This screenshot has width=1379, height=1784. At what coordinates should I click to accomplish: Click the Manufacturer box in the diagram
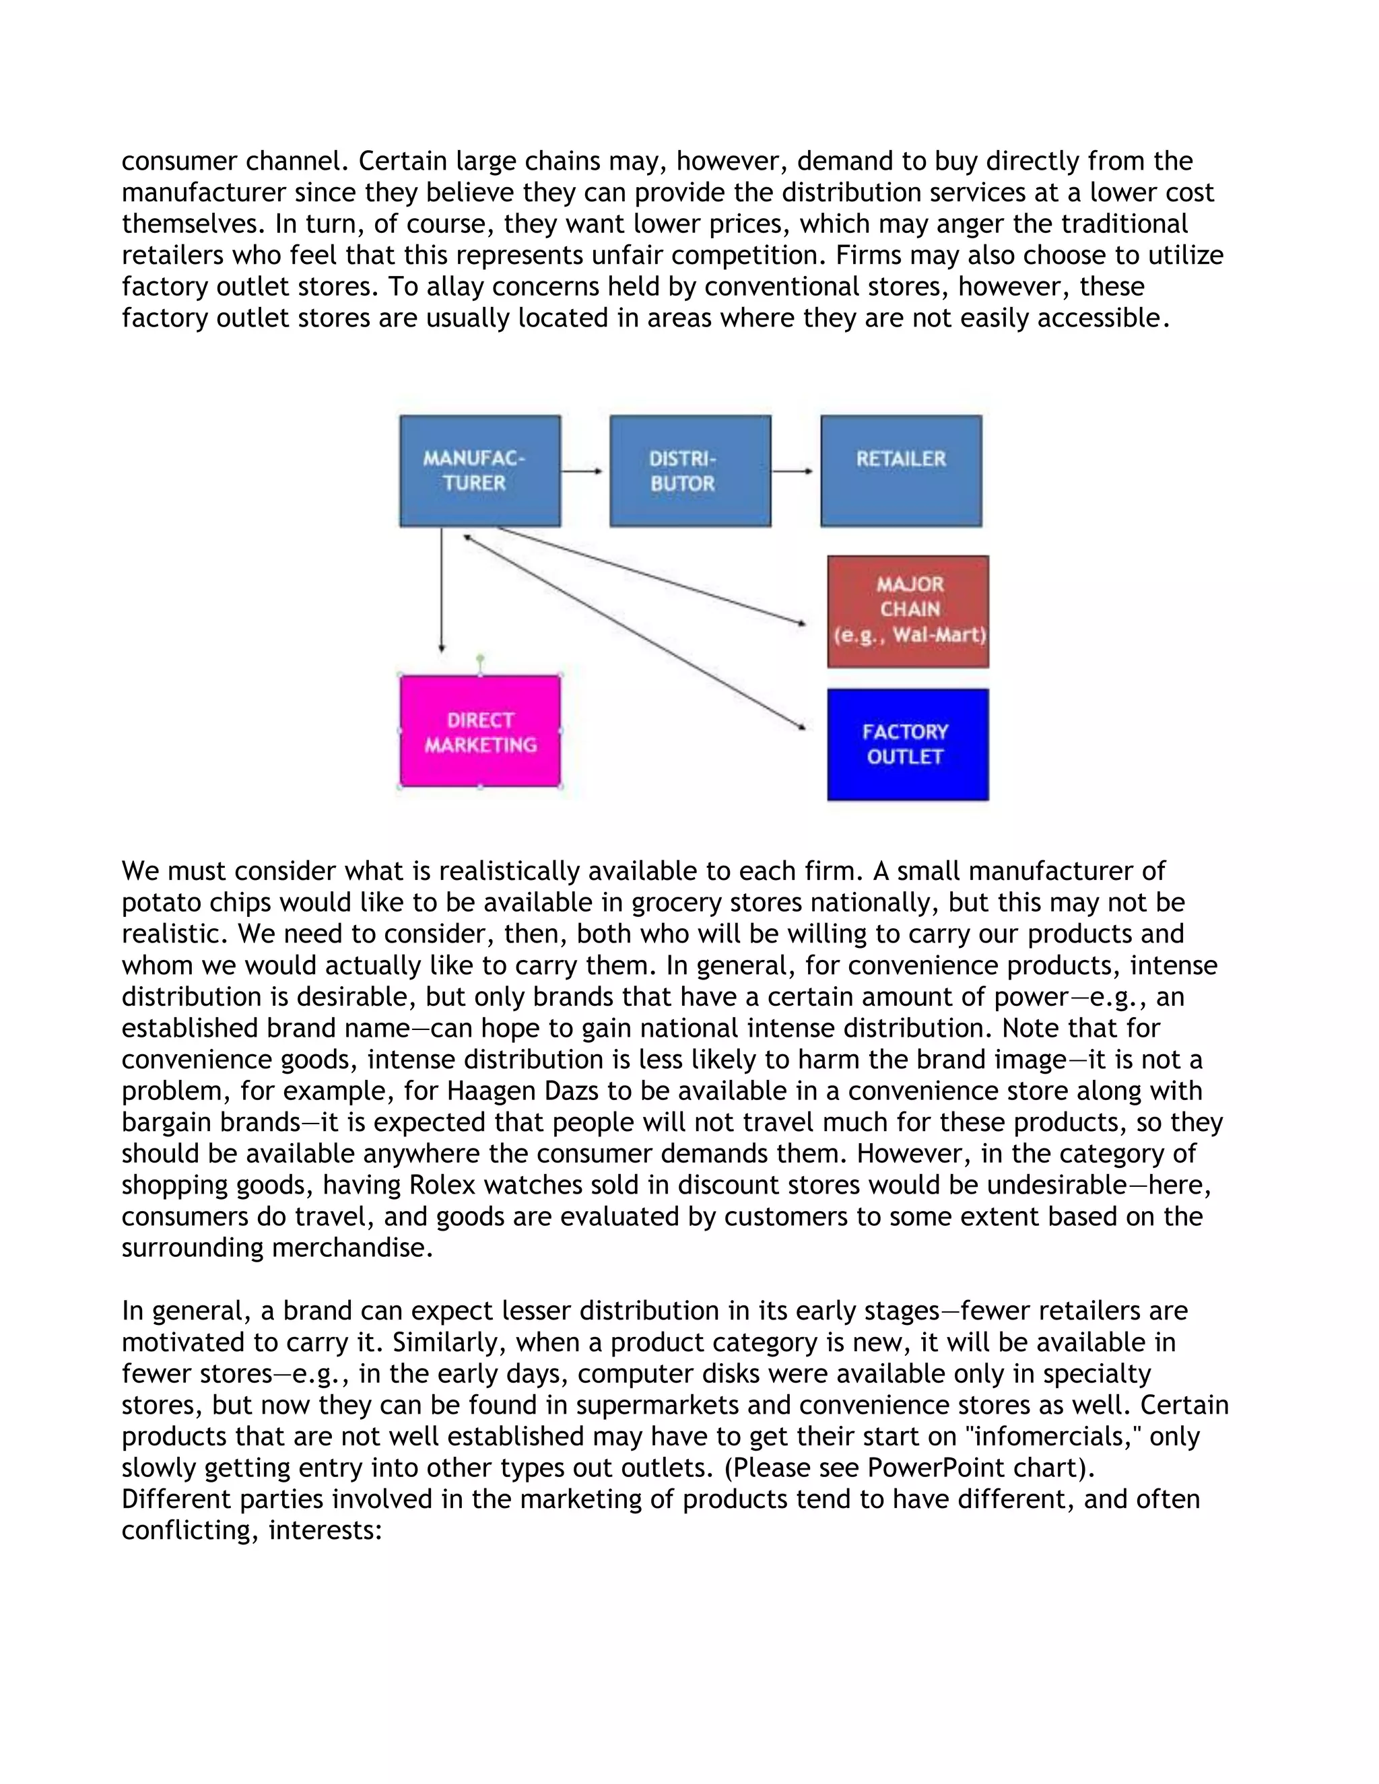click(x=479, y=471)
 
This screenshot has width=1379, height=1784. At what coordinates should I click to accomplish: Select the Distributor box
click(x=690, y=471)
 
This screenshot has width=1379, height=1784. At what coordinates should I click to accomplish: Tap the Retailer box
click(x=901, y=471)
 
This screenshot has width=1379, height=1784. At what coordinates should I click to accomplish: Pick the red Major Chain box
click(x=908, y=611)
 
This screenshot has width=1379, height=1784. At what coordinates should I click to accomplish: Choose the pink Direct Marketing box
click(x=479, y=731)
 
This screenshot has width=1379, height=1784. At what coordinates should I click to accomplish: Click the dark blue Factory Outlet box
click(x=908, y=744)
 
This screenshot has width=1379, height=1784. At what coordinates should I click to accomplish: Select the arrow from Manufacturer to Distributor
click(x=582, y=471)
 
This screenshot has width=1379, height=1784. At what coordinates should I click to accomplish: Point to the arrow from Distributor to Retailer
click(x=793, y=471)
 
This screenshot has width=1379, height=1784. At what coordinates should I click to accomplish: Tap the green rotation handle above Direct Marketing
click(x=480, y=658)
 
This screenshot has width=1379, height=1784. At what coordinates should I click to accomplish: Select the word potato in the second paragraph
click(x=160, y=903)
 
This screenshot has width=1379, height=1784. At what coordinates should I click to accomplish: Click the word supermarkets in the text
click(x=661, y=1405)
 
